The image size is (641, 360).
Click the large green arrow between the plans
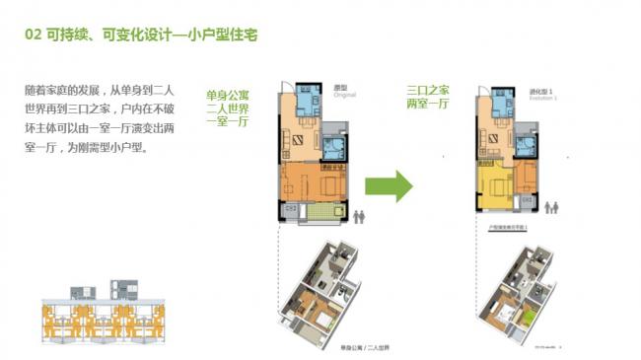click(x=389, y=185)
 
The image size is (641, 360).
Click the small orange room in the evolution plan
click(x=525, y=179)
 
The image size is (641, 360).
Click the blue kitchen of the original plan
click(x=306, y=101)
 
